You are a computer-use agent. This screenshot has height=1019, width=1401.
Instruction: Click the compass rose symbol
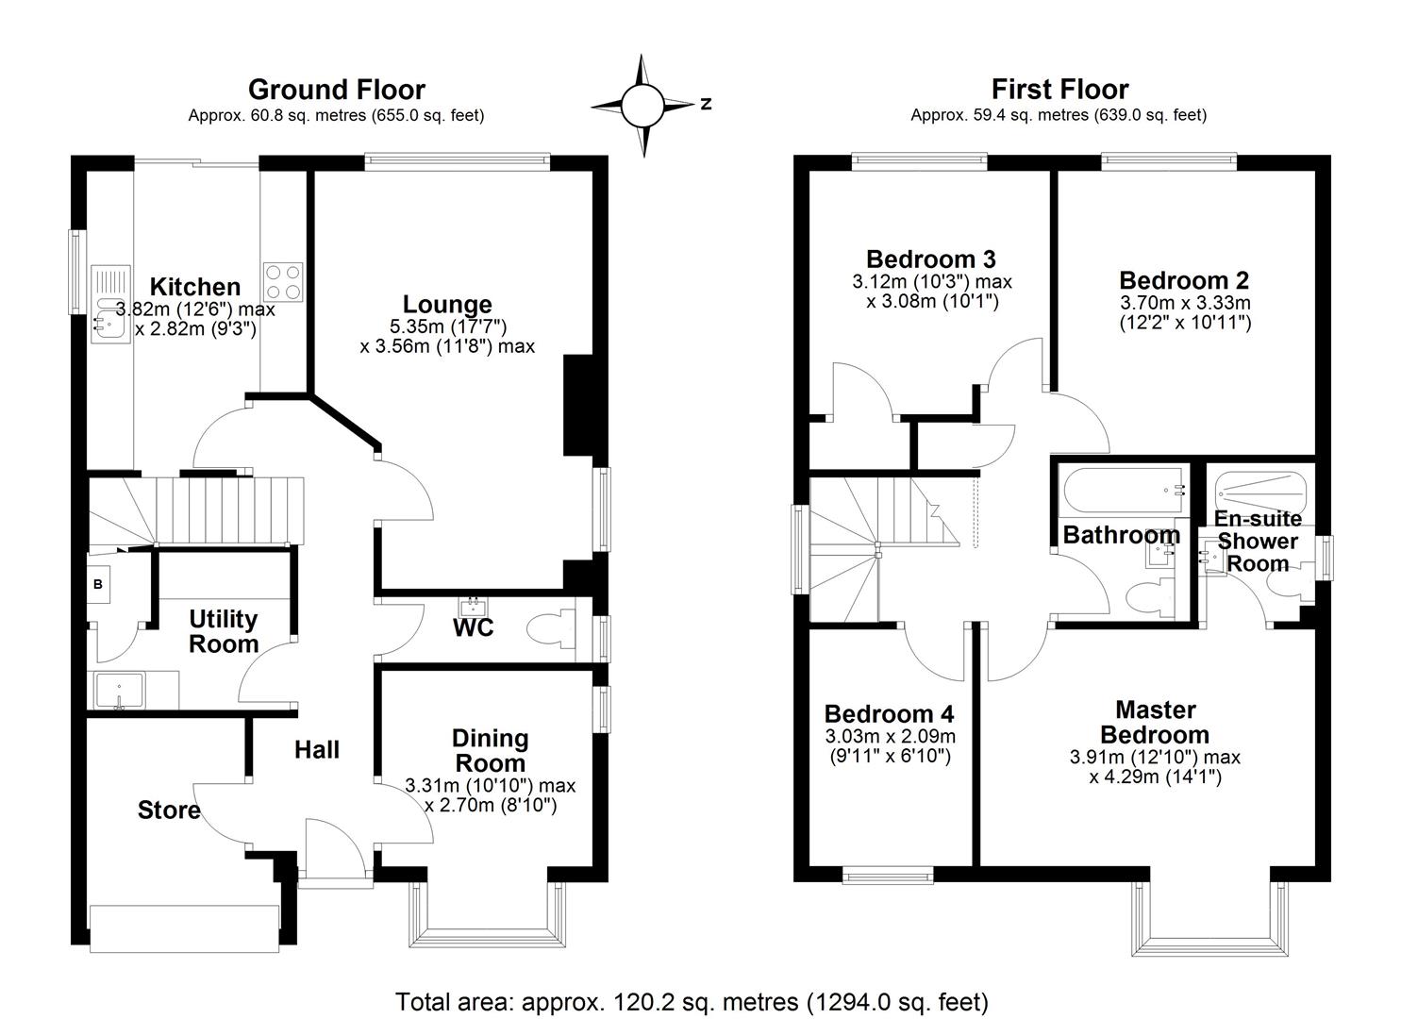pyautogui.click(x=642, y=105)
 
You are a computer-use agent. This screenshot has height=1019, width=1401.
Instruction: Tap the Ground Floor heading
pyautogui.click(x=336, y=90)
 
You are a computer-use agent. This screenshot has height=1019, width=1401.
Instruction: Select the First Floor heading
pyautogui.click(x=1059, y=90)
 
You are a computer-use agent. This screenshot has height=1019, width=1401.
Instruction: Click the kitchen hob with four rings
pyautogui.click(x=283, y=281)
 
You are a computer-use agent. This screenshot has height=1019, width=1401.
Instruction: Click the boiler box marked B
pyautogui.click(x=98, y=585)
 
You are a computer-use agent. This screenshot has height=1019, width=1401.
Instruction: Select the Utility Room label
pyautogui.click(x=224, y=631)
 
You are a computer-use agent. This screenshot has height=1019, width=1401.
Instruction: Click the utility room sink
pyautogui.click(x=120, y=689)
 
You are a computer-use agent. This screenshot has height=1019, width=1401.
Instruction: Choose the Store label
pyautogui.click(x=169, y=810)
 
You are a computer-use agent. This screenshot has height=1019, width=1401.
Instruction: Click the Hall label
pyautogui.click(x=316, y=750)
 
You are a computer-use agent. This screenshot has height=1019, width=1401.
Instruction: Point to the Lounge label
pyautogui.click(x=447, y=304)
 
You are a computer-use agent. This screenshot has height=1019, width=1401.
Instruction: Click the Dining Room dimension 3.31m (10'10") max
pyautogui.click(x=490, y=785)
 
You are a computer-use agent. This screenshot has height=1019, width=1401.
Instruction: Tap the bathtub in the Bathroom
pyautogui.click(x=1123, y=490)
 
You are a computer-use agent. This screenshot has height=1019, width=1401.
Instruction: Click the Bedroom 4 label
pyautogui.click(x=889, y=713)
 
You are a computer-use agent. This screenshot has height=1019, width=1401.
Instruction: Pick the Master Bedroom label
pyautogui.click(x=1155, y=722)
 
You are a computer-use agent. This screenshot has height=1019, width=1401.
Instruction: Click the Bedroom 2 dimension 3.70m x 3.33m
pyautogui.click(x=1184, y=303)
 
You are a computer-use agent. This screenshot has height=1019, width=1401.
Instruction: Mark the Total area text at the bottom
pyautogui.click(x=692, y=1001)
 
